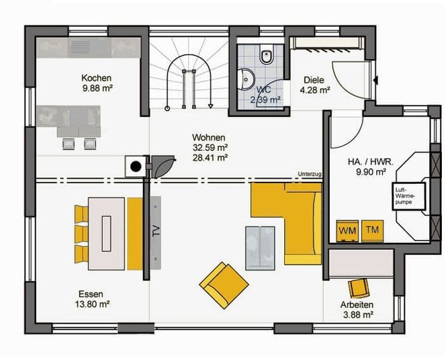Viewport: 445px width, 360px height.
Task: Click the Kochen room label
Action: [96, 78]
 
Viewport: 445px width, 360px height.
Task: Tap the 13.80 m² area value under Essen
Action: [93, 305]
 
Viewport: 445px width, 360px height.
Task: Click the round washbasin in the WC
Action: [246, 80]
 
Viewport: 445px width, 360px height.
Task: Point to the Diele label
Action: [314, 80]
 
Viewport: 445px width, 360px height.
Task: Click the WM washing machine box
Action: [347, 231]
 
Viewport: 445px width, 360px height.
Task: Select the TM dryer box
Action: [373, 231]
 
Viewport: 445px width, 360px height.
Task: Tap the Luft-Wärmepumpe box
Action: [409, 196]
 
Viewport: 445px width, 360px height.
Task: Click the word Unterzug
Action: [310, 174]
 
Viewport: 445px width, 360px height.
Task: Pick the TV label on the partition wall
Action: [156, 231]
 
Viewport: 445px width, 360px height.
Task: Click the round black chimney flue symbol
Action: [135, 167]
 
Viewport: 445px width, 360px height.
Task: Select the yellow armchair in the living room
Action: [224, 285]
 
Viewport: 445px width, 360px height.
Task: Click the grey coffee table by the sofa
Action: [260, 248]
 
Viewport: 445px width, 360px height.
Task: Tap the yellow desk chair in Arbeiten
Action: [359, 287]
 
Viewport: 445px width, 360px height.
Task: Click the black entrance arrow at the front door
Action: [376, 80]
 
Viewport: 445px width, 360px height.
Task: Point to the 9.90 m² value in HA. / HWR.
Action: [371, 172]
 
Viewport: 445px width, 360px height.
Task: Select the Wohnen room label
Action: [209, 137]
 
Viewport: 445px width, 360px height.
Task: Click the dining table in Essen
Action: [106, 233]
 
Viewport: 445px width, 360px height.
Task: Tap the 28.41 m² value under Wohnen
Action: [210, 158]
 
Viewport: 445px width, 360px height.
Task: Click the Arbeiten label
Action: [357, 305]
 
